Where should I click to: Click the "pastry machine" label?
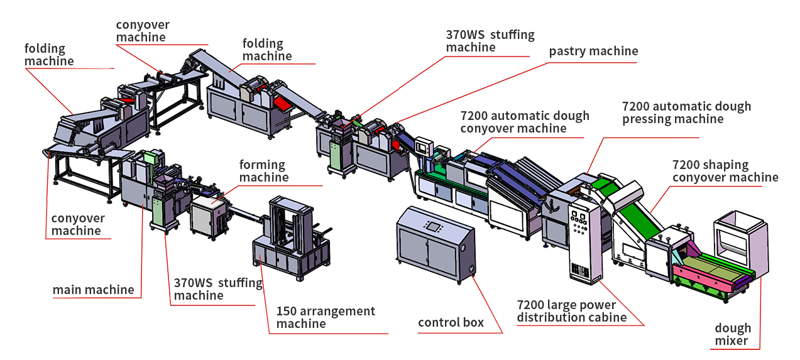[x=593, y=52]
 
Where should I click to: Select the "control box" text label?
[x=451, y=323]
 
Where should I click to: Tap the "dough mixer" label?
[x=732, y=334]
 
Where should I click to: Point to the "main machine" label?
[x=93, y=290]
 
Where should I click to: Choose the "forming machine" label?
[x=263, y=171]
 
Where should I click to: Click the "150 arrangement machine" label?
[x=326, y=317]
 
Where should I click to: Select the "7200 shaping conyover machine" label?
[x=725, y=171]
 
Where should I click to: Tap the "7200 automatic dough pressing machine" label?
[x=686, y=112]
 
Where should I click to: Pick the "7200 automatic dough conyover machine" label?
[x=525, y=122]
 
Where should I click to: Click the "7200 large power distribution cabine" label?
[x=571, y=311]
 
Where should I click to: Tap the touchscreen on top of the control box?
[x=433, y=225]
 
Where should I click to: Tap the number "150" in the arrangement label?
[x=288, y=312]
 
